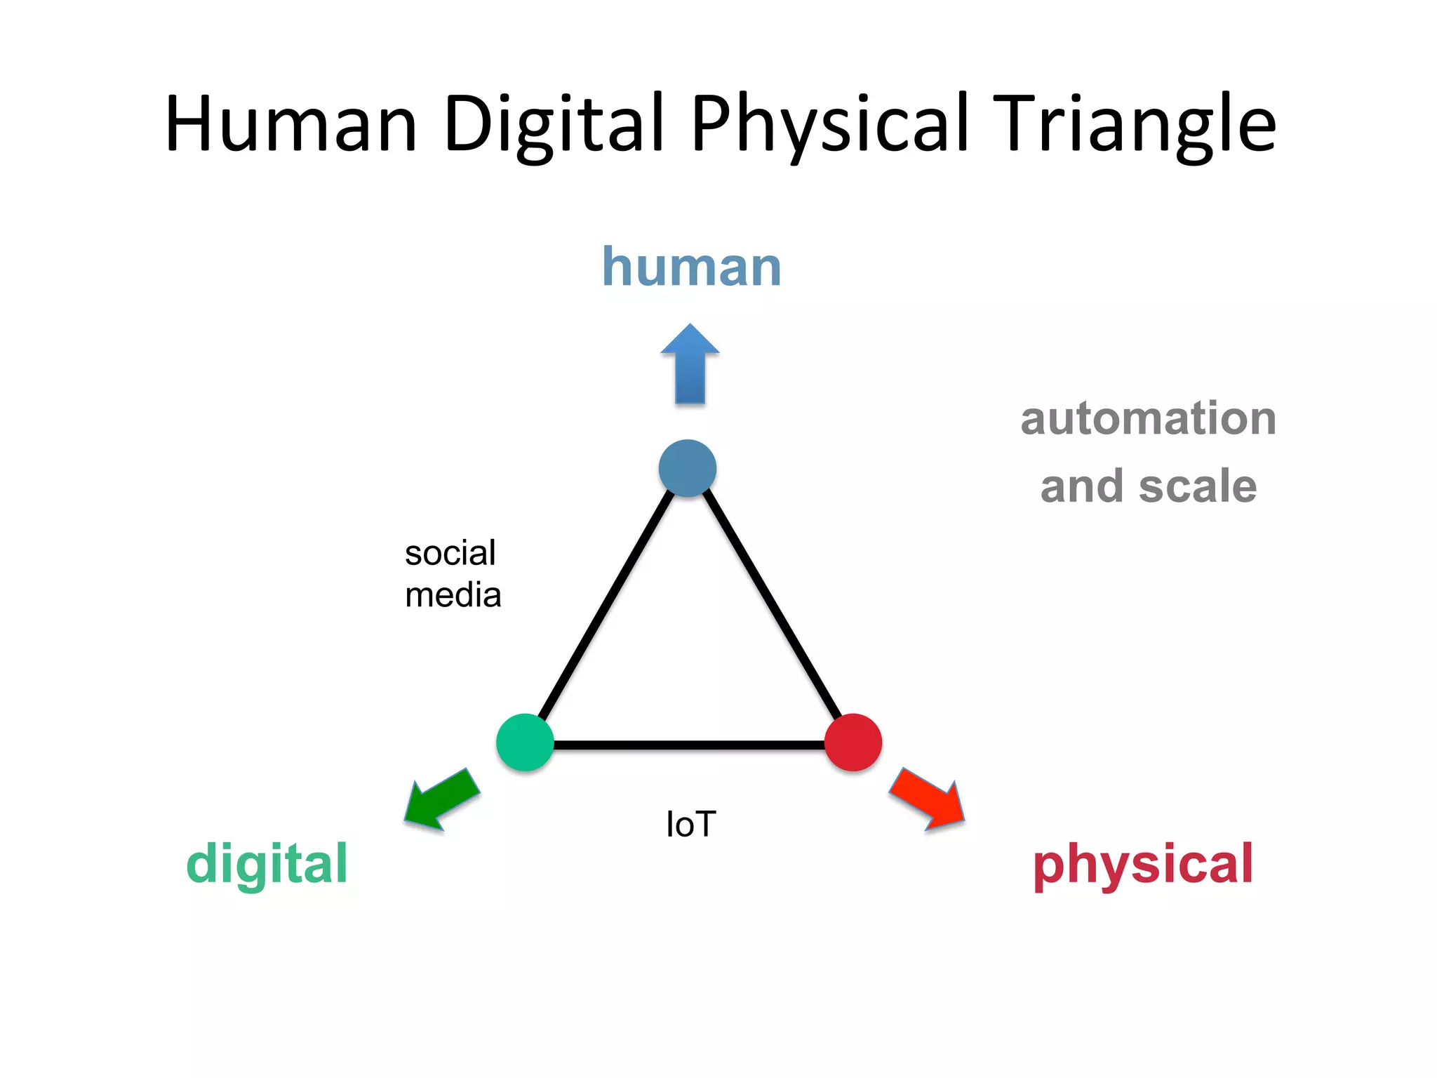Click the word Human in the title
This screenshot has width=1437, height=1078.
291,124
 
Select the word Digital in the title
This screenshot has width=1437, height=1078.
554,124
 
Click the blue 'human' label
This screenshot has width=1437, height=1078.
691,267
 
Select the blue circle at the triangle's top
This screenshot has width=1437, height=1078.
688,468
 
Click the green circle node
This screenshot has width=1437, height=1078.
525,743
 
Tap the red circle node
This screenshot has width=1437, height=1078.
853,743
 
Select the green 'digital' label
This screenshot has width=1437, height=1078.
267,864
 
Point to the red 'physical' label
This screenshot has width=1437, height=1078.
1143,864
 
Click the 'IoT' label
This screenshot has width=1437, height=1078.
691,824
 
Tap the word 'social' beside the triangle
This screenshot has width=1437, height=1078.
450,553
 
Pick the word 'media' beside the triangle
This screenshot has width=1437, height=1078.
453,595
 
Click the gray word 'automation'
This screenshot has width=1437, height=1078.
1148,419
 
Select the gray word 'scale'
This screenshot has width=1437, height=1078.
1198,486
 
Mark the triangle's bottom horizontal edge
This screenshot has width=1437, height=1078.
689,745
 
